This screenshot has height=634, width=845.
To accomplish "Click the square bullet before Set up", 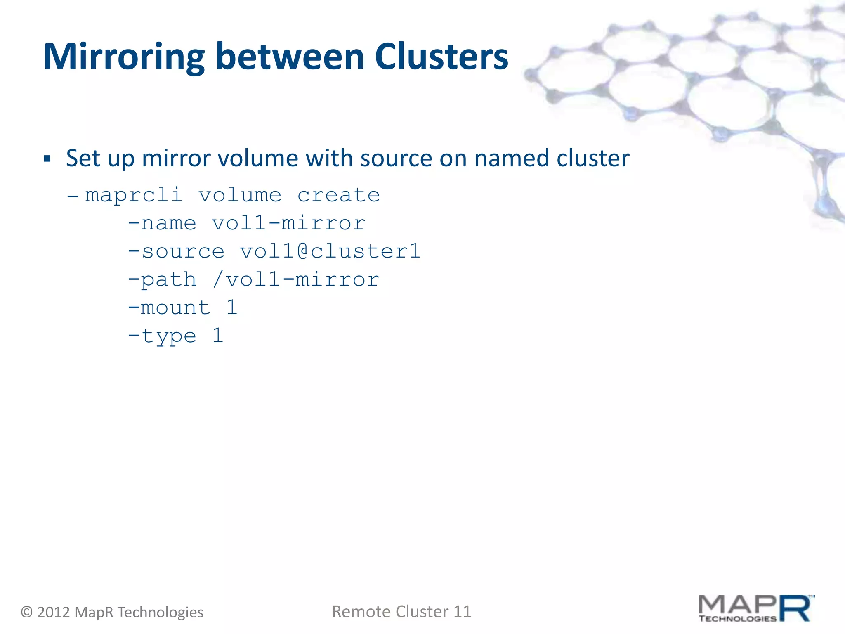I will [47, 159].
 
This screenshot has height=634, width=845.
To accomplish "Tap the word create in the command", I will [338, 195].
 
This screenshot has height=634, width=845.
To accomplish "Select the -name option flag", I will [162, 224].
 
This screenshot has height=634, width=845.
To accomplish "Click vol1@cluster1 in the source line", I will [330, 251].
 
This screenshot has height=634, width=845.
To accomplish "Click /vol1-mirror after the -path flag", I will [296, 279].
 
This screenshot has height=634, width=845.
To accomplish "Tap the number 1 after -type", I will [218, 335].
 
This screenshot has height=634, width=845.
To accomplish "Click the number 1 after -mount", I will [232, 308].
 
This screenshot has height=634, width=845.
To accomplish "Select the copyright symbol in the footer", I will [27, 612].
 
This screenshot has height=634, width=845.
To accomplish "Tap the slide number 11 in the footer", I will [462, 612].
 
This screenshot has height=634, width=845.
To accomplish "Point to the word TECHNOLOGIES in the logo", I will [737, 618].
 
